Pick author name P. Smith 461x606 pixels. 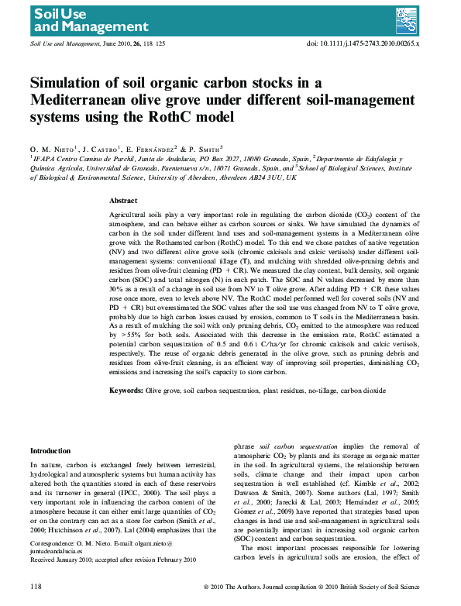(205, 149)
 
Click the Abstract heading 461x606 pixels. (123, 200)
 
